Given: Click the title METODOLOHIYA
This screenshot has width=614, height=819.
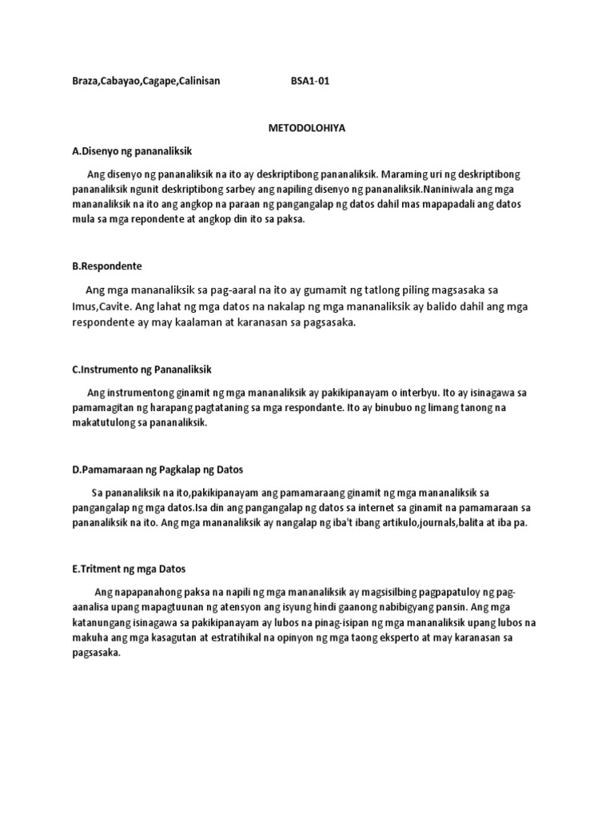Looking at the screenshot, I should (306, 127).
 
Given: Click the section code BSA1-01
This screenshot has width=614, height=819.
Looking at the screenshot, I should (309, 82).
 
